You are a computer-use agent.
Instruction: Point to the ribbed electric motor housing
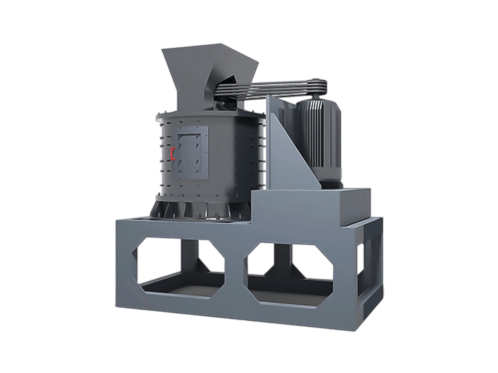(x=320, y=133)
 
